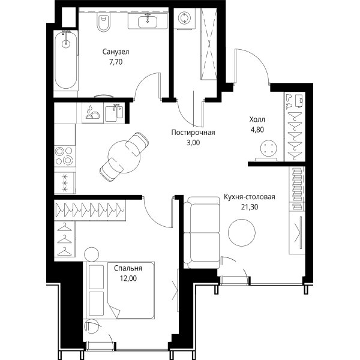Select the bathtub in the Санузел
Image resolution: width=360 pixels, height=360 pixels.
66,60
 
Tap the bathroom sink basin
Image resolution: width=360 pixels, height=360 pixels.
148,22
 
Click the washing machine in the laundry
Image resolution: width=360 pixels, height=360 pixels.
184,18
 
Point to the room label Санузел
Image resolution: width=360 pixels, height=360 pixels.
116,52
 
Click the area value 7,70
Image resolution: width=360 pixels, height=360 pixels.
116,62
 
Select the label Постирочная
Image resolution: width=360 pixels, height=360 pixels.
193,133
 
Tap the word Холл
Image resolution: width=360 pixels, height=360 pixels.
257,119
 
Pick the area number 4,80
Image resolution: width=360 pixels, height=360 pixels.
257,130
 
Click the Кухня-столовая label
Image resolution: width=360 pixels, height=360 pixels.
250,197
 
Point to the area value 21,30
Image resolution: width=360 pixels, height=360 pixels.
250,207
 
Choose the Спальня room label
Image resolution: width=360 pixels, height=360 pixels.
128,268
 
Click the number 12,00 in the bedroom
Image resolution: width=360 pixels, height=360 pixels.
128,278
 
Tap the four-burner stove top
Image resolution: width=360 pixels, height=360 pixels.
65,156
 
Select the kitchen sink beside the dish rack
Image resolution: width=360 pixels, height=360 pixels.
115,113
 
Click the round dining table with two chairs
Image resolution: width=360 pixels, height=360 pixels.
124,157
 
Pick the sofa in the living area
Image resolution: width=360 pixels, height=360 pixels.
202,232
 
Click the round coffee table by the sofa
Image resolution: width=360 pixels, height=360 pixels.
242,232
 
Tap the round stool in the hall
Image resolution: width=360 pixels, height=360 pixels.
269,148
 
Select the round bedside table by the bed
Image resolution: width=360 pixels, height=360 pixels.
92,254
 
